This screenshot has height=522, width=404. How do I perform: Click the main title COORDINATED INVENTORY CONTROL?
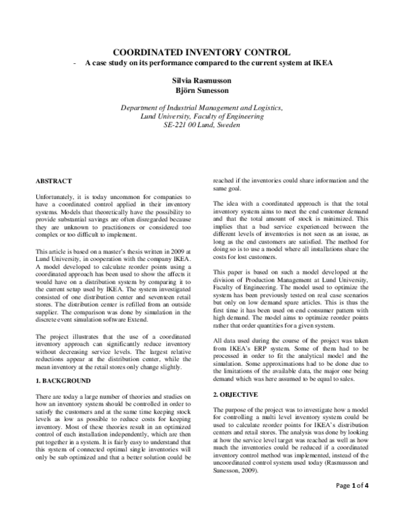point(201,51)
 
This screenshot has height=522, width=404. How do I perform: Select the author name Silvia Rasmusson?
point(201,79)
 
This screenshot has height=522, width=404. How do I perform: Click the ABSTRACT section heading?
point(53,180)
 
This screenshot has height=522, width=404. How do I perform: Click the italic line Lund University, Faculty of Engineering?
point(201,116)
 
